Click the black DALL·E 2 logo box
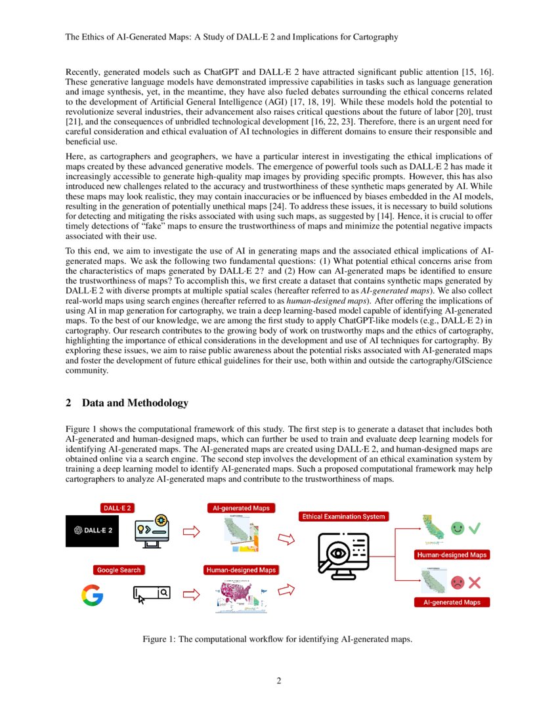93,531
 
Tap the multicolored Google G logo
93,595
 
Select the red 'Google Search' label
119,570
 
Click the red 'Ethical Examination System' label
343,517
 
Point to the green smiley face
458,528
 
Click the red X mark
475,582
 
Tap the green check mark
475,528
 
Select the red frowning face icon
458,582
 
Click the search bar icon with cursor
152,595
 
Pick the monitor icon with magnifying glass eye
341,554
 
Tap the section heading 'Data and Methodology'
135,403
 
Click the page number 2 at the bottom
278,681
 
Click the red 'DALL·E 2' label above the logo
116,507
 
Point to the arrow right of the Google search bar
190,595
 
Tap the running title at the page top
231,37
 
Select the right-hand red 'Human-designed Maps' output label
452,555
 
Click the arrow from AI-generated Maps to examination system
286,539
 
